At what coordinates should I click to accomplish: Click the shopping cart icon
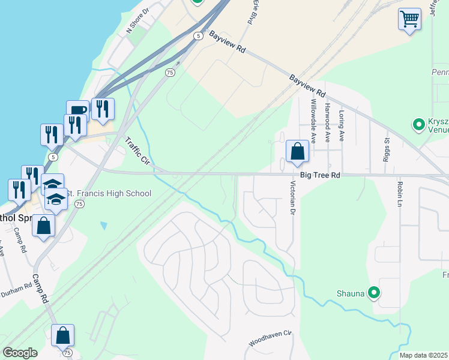point(409,19)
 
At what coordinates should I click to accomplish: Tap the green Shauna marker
point(375,293)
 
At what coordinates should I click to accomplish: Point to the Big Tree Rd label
point(321,175)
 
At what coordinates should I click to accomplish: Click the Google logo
point(20,353)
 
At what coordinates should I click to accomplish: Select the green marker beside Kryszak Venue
point(418,125)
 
